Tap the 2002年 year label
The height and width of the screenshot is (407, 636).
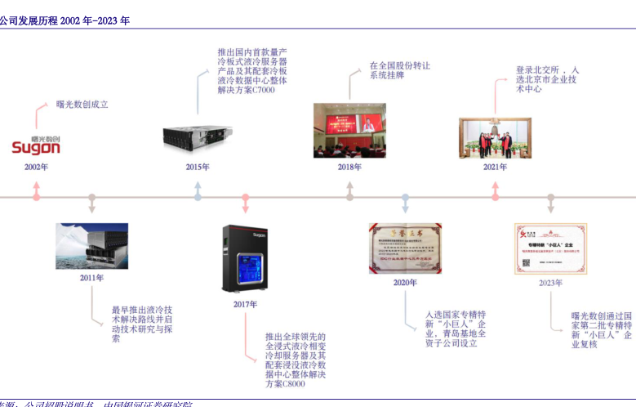pos(36,168)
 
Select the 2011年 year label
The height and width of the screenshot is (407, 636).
pos(91,278)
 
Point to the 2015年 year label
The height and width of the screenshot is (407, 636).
pos(198,168)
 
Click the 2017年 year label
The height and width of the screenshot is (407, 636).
pos(245,304)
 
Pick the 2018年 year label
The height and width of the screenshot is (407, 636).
pos(349,168)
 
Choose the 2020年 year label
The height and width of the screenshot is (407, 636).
pos(405,283)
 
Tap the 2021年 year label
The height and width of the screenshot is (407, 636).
pos(495,168)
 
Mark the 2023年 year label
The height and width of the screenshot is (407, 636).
pos(550,283)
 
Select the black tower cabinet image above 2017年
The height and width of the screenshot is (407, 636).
pos(245,258)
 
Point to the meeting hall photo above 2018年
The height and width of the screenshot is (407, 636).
pos(349,131)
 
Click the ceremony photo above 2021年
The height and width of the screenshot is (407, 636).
pos(495,137)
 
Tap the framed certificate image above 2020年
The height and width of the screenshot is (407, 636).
pos(405,248)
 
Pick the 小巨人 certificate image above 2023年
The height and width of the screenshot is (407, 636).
pos(550,248)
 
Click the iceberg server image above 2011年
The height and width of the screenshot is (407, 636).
pos(91,246)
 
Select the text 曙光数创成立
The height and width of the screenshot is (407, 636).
pos(82,105)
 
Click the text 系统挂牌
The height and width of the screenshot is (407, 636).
pos(387,75)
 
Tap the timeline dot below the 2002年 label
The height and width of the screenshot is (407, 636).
pos(36,197)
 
